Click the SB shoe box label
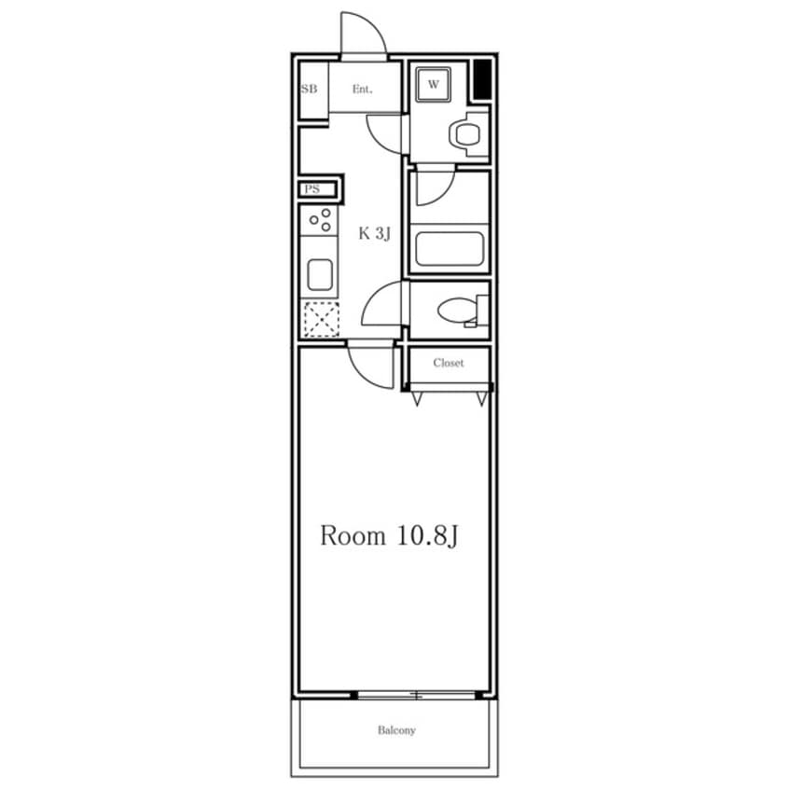[x=309, y=89]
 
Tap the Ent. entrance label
[x=362, y=90]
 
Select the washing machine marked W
[x=433, y=84]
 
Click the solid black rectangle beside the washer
[x=482, y=79]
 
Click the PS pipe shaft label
[x=312, y=189]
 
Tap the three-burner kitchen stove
[x=319, y=220]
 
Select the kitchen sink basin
[x=320, y=275]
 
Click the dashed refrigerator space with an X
[x=322, y=319]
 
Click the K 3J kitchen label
[x=374, y=233]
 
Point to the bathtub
[x=450, y=249]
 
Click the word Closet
[x=449, y=363]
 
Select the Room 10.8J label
[x=389, y=536]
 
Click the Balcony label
[x=396, y=730]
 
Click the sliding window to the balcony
[x=416, y=696]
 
